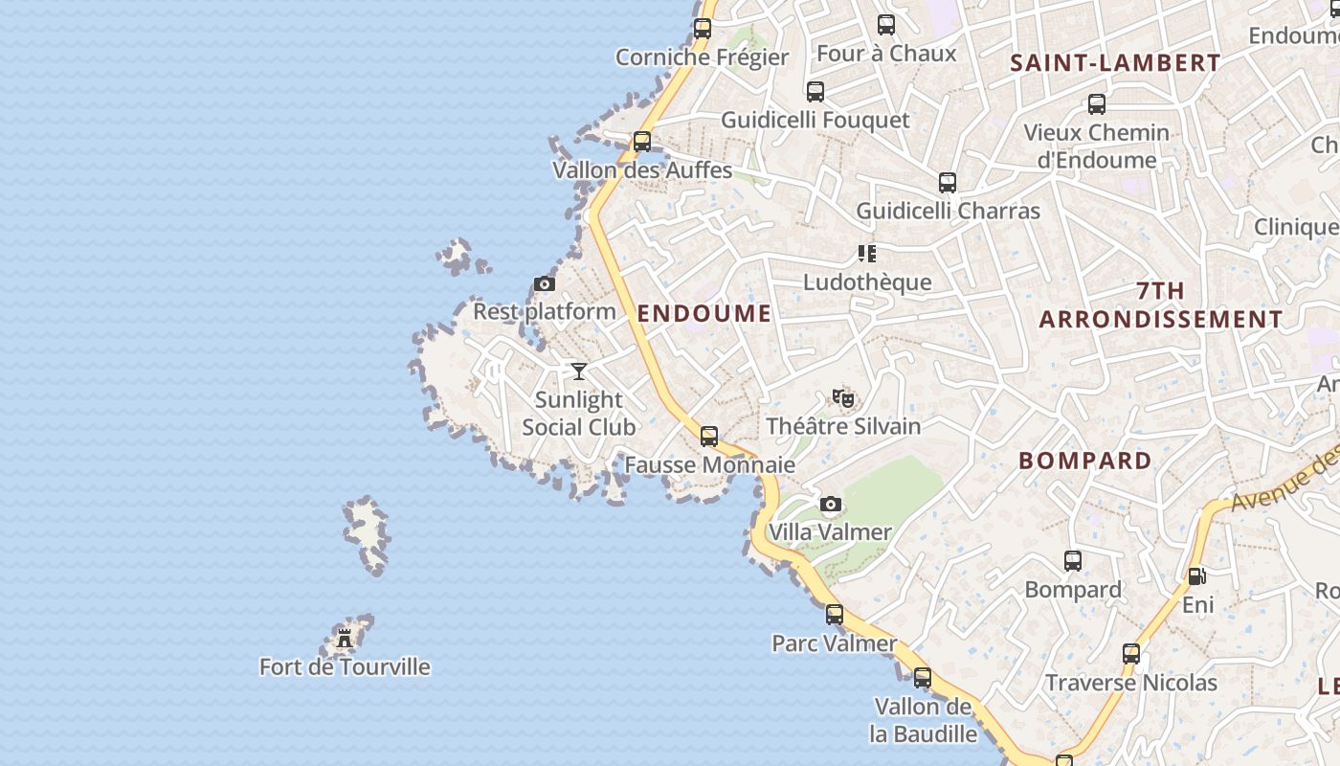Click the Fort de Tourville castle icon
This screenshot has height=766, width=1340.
click(x=345, y=638)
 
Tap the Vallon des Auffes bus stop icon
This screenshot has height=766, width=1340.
click(x=642, y=142)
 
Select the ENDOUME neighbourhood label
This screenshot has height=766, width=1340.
click(x=704, y=313)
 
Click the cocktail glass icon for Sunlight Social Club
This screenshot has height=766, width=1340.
click(x=579, y=371)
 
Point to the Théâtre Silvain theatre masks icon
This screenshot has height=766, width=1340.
click(x=842, y=397)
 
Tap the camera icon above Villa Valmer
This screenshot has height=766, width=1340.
click(x=831, y=504)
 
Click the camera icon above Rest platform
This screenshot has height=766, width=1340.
click(x=545, y=283)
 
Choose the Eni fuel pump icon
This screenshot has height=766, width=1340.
click(x=1196, y=576)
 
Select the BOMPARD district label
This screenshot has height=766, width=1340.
click(x=1085, y=461)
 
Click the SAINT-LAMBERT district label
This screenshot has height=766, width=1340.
click(x=1116, y=63)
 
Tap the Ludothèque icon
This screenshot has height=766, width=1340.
click(x=867, y=254)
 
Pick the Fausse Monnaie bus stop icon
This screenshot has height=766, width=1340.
click(x=709, y=437)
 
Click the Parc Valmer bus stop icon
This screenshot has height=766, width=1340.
click(x=835, y=615)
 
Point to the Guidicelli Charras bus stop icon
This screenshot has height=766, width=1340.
click(x=948, y=182)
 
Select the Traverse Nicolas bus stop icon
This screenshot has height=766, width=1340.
click(x=1131, y=654)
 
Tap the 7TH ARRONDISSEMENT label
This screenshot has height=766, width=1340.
click(x=1161, y=304)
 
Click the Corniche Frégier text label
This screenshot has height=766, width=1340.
click(x=703, y=57)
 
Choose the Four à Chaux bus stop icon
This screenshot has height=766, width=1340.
click(x=886, y=25)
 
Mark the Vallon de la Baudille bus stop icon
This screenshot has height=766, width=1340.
click(x=923, y=678)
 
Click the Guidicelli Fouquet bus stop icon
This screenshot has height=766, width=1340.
click(x=815, y=92)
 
